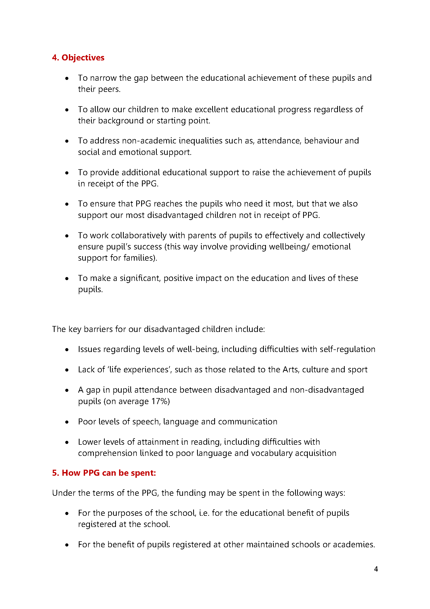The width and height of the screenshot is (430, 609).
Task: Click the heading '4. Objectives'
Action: pos(78,58)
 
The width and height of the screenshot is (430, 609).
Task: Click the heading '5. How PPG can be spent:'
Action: pos(104,473)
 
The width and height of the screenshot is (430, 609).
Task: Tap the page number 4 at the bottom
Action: pos(376,569)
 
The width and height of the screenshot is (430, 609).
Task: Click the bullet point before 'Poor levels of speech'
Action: pos(67,422)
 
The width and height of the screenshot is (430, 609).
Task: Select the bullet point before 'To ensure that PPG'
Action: pos(67,204)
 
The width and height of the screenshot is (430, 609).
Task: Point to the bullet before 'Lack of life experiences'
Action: pos(67,370)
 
